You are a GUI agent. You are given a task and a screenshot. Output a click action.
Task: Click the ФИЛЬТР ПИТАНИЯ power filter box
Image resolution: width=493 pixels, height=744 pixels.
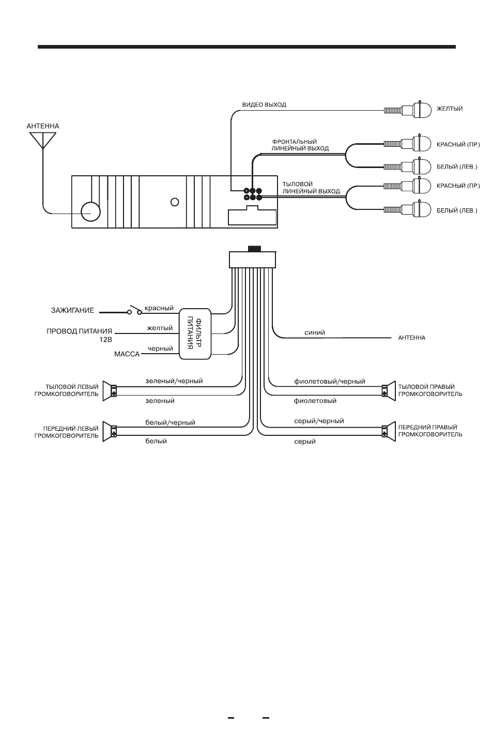pyautogui.click(x=195, y=333)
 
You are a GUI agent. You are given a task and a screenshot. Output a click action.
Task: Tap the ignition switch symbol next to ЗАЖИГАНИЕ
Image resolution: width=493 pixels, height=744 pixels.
pyautogui.click(x=134, y=310)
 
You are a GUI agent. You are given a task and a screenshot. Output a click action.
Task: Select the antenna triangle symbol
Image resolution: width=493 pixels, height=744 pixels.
pyautogui.click(x=43, y=140)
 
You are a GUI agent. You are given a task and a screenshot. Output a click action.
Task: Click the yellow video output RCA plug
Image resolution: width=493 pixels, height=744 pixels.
pyautogui.click(x=407, y=109)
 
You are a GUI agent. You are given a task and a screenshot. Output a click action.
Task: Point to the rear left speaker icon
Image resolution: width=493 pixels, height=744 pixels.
pyautogui.click(x=110, y=390)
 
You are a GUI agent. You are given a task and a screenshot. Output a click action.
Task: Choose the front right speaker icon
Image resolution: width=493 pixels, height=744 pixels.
pyautogui.click(x=389, y=431)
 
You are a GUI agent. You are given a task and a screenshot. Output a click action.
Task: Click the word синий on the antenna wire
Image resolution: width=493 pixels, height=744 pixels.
pyautogui.click(x=314, y=332)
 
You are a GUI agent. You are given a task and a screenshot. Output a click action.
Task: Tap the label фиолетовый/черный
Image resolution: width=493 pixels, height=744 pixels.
pyautogui.click(x=329, y=381)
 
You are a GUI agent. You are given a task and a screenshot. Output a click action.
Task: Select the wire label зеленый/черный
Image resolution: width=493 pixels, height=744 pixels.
pyautogui.click(x=174, y=381)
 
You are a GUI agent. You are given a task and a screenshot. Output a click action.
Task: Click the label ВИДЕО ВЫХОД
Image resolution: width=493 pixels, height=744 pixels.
pyautogui.click(x=264, y=104)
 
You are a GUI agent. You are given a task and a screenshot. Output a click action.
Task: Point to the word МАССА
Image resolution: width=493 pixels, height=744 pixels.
pyautogui.click(x=127, y=354)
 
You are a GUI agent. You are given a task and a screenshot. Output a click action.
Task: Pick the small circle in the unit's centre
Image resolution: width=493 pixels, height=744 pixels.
pyautogui.click(x=175, y=202)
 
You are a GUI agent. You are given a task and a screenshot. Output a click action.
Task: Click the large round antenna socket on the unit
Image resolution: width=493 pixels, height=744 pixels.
pyautogui.click(x=90, y=211)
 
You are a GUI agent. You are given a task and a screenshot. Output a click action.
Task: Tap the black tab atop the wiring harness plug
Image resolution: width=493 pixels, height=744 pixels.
pyautogui.click(x=254, y=249)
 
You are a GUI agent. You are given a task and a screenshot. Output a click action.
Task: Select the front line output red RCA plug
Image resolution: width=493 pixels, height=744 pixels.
pyautogui.click(x=407, y=144)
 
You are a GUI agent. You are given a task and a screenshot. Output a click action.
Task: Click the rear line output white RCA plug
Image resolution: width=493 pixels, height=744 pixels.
pyautogui.click(x=407, y=209)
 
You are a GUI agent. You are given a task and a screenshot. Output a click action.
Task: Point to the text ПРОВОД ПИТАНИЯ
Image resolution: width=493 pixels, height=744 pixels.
pyautogui.click(x=80, y=331)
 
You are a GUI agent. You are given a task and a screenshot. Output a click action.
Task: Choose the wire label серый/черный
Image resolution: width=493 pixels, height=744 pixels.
pyautogui.click(x=319, y=421)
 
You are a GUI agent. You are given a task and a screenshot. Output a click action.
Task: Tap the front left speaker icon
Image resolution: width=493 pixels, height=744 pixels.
pyautogui.click(x=110, y=431)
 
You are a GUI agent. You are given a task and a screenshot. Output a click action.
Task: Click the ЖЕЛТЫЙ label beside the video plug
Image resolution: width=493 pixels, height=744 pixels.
pyautogui.click(x=450, y=109)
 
